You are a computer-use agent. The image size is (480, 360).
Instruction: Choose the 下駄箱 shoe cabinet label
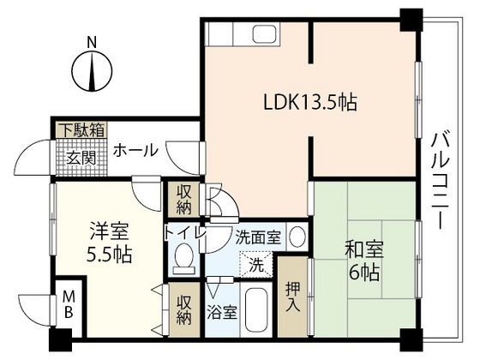click(x=81, y=130)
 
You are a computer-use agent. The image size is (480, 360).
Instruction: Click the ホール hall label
click(x=135, y=151)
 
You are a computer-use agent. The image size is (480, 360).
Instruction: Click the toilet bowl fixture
click(x=183, y=257)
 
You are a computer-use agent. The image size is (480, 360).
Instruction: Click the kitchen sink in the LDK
click(x=258, y=36)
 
